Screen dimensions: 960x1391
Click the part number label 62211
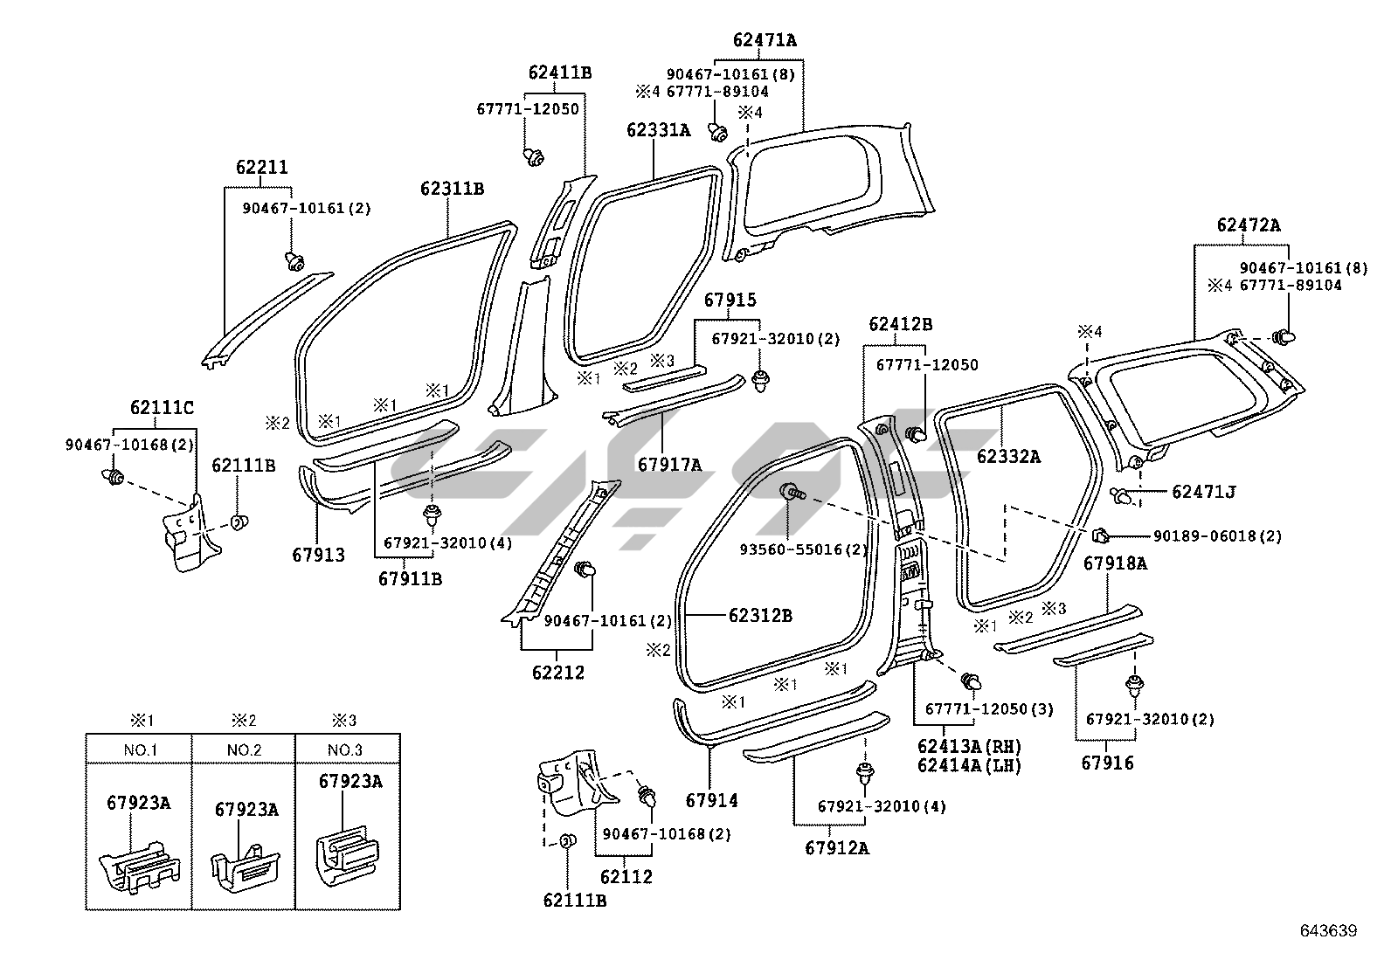coord(261,168)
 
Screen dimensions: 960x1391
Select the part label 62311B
coord(452,189)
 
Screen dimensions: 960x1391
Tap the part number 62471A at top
coord(765,40)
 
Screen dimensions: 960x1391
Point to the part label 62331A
coord(658,131)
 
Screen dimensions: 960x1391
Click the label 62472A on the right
coord(1249,225)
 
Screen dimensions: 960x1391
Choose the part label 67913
coord(318,555)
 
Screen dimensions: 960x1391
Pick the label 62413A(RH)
coord(969,747)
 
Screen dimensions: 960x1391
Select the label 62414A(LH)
coord(969,765)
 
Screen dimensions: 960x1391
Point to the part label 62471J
coord(1203,492)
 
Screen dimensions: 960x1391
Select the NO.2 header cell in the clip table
coord(244,750)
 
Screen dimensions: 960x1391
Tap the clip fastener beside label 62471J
coord(1125,496)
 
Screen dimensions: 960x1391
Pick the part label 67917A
coord(669,465)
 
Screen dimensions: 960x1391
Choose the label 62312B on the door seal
coord(760,615)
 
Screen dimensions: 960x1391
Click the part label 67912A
coord(837,847)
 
